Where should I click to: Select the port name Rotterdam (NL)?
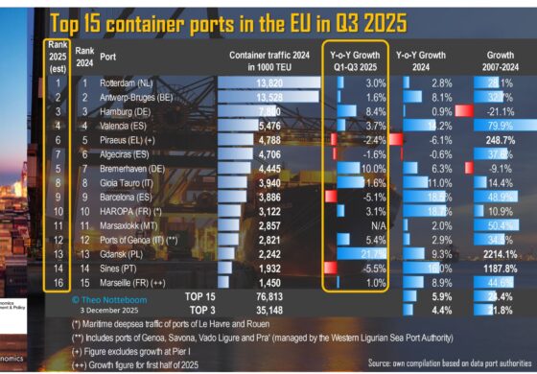138,83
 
